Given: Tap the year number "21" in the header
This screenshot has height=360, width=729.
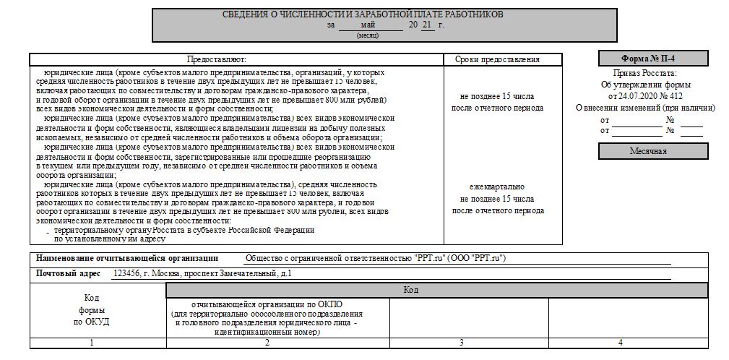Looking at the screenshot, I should [428, 25].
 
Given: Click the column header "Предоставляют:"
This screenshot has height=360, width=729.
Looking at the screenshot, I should [217, 59].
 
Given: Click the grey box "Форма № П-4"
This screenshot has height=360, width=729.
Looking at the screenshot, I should [653, 59].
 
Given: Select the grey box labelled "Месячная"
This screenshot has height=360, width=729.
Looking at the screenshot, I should [653, 151].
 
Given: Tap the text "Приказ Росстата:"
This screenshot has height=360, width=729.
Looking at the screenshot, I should [645, 74].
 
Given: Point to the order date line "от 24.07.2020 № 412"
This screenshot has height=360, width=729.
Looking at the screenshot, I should [645, 95].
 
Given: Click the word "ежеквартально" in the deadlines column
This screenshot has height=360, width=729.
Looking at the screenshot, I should [497, 187].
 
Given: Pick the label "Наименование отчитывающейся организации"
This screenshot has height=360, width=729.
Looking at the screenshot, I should [126, 258].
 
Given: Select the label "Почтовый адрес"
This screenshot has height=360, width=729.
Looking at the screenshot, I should [71, 274].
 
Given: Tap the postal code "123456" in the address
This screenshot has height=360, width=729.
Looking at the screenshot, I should [127, 274].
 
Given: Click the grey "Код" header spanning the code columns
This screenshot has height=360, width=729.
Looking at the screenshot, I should [410, 290].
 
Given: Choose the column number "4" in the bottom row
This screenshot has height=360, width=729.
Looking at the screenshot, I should [620, 342].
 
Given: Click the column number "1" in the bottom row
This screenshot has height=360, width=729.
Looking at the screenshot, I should [91, 342].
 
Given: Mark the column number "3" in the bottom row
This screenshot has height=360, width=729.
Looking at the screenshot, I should [461, 342].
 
